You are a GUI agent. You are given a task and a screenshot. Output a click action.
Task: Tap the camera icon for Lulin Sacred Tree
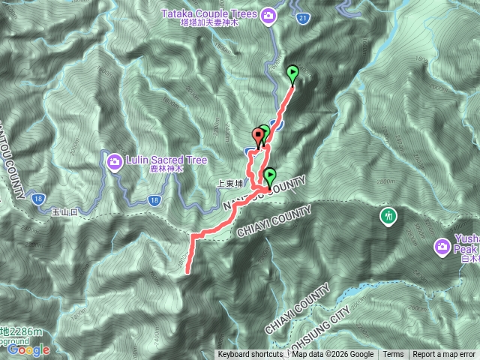pos(115,160)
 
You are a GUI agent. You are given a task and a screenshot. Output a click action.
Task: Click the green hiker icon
pos(388,216)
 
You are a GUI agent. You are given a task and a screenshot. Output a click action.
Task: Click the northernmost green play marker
pos(292,73)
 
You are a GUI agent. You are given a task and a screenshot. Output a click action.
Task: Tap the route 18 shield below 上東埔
pos(153,199)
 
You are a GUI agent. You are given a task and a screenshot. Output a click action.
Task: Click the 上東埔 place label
pos(229,183)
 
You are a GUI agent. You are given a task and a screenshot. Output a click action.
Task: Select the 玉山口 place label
pos(64,213)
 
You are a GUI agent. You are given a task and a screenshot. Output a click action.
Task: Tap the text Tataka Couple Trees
pos(209,12)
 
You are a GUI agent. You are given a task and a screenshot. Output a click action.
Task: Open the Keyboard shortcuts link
pos(250,355)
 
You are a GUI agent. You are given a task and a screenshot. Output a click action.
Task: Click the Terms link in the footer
pos(393,355)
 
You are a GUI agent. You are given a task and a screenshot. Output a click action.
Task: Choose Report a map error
pos(444,355)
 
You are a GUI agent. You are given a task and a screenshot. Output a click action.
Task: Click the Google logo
pos(28,349)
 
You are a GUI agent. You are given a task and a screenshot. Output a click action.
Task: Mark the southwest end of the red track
pos(186,273)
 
